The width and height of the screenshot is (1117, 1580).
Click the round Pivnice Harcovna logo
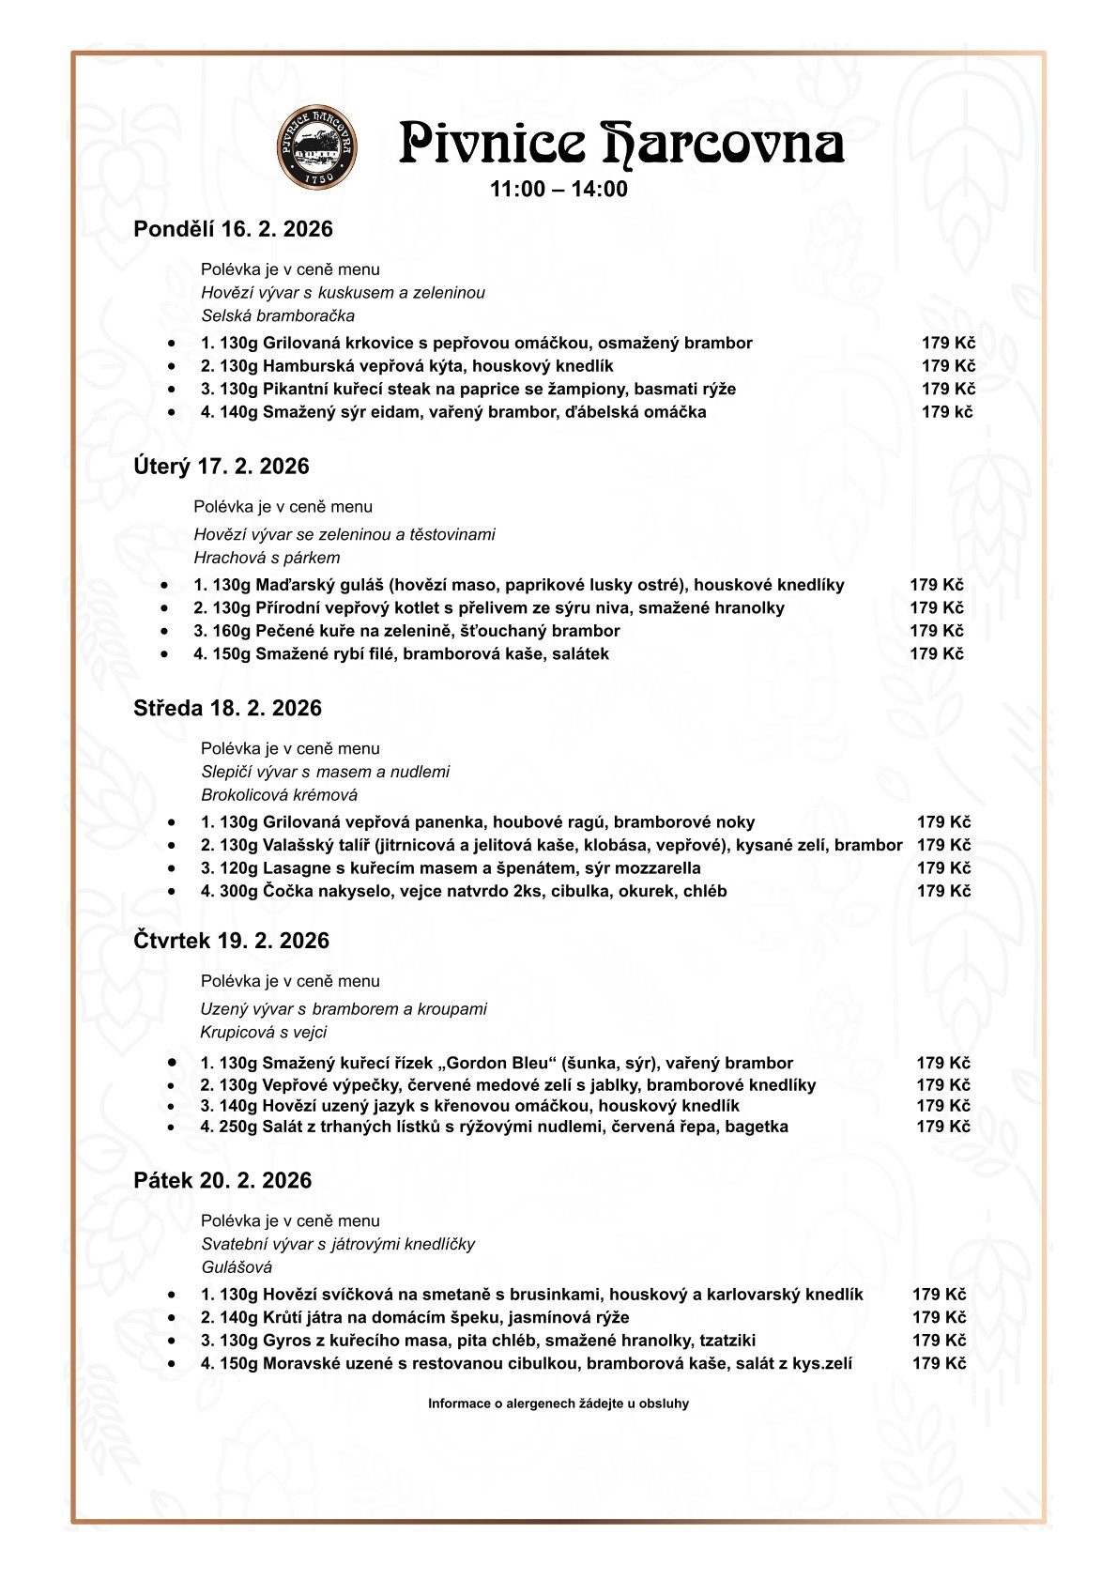(x=316, y=146)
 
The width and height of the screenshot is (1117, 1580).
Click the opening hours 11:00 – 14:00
(x=558, y=190)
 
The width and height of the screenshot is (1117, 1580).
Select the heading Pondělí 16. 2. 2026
(x=233, y=230)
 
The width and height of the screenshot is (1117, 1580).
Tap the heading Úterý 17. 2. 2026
(x=221, y=467)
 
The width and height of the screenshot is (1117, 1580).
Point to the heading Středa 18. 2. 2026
(x=227, y=709)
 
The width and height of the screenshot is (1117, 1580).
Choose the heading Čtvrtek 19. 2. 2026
(x=231, y=942)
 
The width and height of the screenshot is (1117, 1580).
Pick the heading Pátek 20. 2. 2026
(x=222, y=1181)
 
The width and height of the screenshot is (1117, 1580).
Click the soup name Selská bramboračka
(x=278, y=316)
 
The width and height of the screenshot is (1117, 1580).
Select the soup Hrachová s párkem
(x=267, y=558)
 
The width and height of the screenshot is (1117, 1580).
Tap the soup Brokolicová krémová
(x=279, y=795)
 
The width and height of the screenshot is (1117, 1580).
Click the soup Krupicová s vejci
(x=263, y=1033)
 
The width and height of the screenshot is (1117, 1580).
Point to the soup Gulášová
(x=237, y=1267)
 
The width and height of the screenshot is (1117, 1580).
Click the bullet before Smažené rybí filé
(x=165, y=654)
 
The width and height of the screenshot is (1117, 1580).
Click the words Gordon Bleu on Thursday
(x=494, y=1064)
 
